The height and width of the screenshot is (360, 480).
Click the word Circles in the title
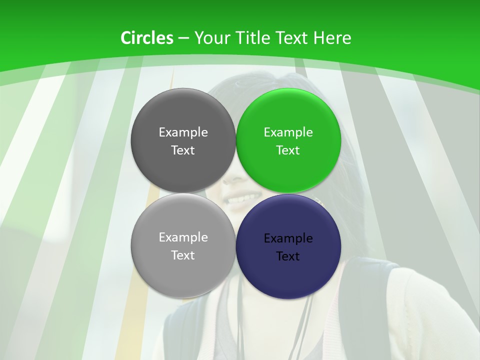(x=146, y=38)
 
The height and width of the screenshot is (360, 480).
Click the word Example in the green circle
(x=288, y=132)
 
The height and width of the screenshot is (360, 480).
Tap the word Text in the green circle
(x=288, y=150)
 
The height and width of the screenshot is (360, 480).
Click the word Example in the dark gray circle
(x=183, y=132)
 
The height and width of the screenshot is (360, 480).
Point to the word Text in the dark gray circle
(x=183, y=150)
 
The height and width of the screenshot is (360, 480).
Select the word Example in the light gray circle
(x=183, y=237)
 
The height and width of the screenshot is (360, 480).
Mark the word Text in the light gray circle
(x=183, y=255)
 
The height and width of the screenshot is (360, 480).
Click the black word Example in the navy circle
(x=288, y=238)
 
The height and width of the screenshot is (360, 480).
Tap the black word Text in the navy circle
(x=288, y=256)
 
